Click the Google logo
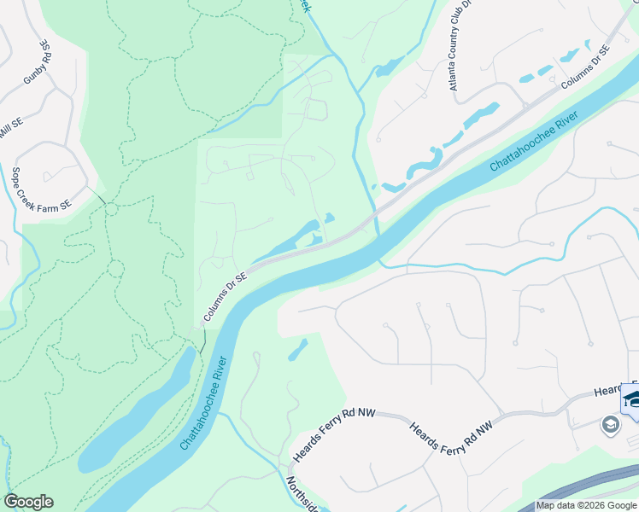(x=28, y=502)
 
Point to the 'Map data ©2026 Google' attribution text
(x=586, y=505)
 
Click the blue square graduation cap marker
(x=632, y=399)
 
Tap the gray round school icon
(x=610, y=424)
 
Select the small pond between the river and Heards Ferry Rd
(x=298, y=350)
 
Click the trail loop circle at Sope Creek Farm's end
(x=111, y=209)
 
